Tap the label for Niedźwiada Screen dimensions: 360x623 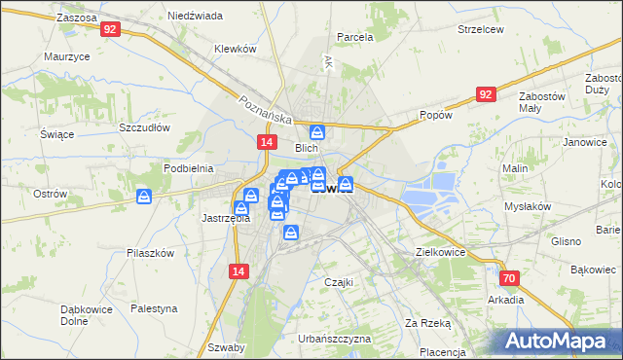coord(195,17)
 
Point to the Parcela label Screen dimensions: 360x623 coord(355,37)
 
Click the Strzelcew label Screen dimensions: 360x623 coord(481,29)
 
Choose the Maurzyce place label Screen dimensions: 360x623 coord(67,56)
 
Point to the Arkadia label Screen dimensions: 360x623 coord(506,300)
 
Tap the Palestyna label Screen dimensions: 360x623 coord(156,308)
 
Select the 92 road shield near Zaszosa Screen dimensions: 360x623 coord(110,30)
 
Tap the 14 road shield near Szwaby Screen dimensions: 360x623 coord(238,272)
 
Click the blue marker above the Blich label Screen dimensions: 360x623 coord(317,132)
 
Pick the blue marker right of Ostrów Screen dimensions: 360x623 coord(144,198)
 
